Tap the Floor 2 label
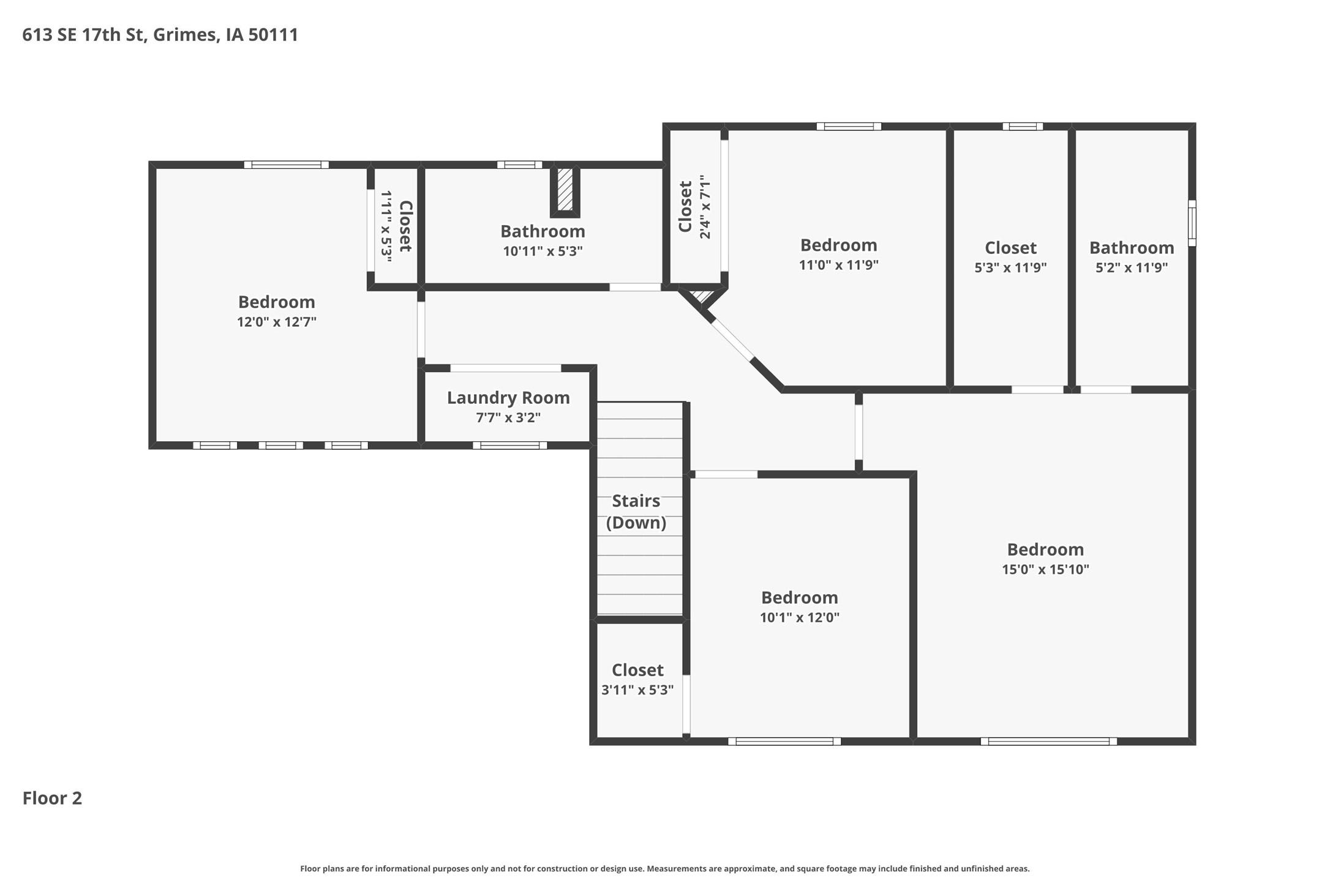[52, 798]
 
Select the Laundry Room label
[508, 398]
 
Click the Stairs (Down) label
[636, 512]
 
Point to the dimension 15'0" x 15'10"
[1045, 570]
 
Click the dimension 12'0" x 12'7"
[276, 322]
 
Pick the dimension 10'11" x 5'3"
[543, 251]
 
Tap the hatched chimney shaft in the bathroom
[565, 190]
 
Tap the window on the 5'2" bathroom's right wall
[1192, 223]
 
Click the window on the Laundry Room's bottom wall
[509, 445]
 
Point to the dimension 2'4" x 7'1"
[705, 207]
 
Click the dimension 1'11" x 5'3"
[386, 226]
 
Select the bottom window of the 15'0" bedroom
[1048, 742]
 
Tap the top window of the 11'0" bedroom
[848, 127]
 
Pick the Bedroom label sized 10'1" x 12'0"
[799, 598]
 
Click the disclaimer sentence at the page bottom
[664, 868]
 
